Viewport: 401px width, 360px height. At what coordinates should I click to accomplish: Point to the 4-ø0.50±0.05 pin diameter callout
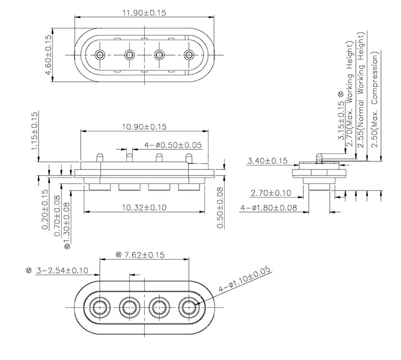[x=173, y=145]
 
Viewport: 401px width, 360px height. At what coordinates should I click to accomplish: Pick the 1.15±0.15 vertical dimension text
[x=35, y=131]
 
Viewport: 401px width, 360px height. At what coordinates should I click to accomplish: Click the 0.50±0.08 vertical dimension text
[x=220, y=208]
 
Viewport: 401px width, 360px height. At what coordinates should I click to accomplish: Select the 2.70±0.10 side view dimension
[x=271, y=193]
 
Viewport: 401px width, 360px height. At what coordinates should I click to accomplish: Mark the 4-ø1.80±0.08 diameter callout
[x=268, y=207]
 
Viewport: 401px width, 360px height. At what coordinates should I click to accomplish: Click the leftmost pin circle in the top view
[x=100, y=54]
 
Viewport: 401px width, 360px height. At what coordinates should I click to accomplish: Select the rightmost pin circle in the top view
[x=188, y=54]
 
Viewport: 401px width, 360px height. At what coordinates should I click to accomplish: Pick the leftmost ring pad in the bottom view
[x=100, y=306]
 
